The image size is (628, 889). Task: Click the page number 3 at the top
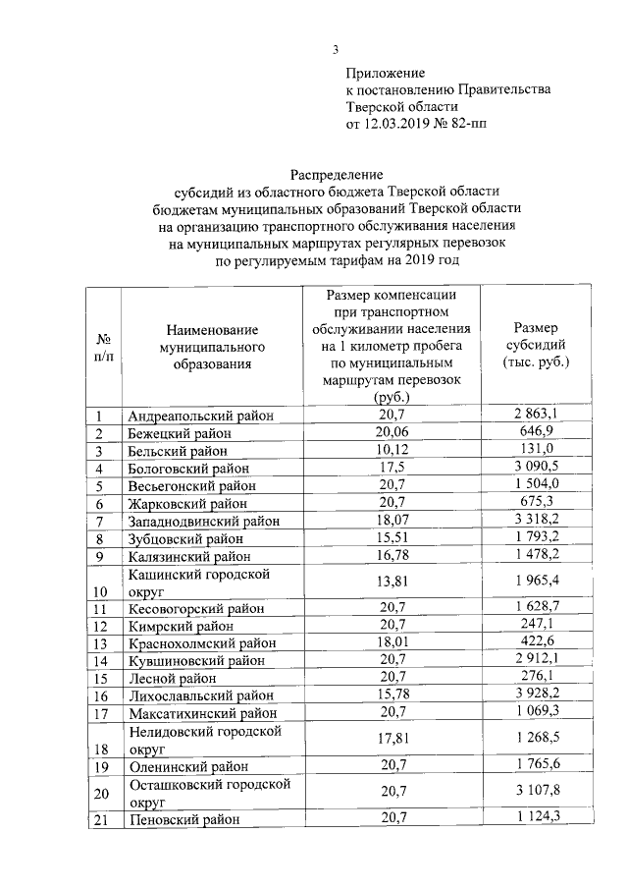(336, 51)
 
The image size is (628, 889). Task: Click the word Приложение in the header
(386, 73)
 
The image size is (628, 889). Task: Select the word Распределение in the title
(337, 173)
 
